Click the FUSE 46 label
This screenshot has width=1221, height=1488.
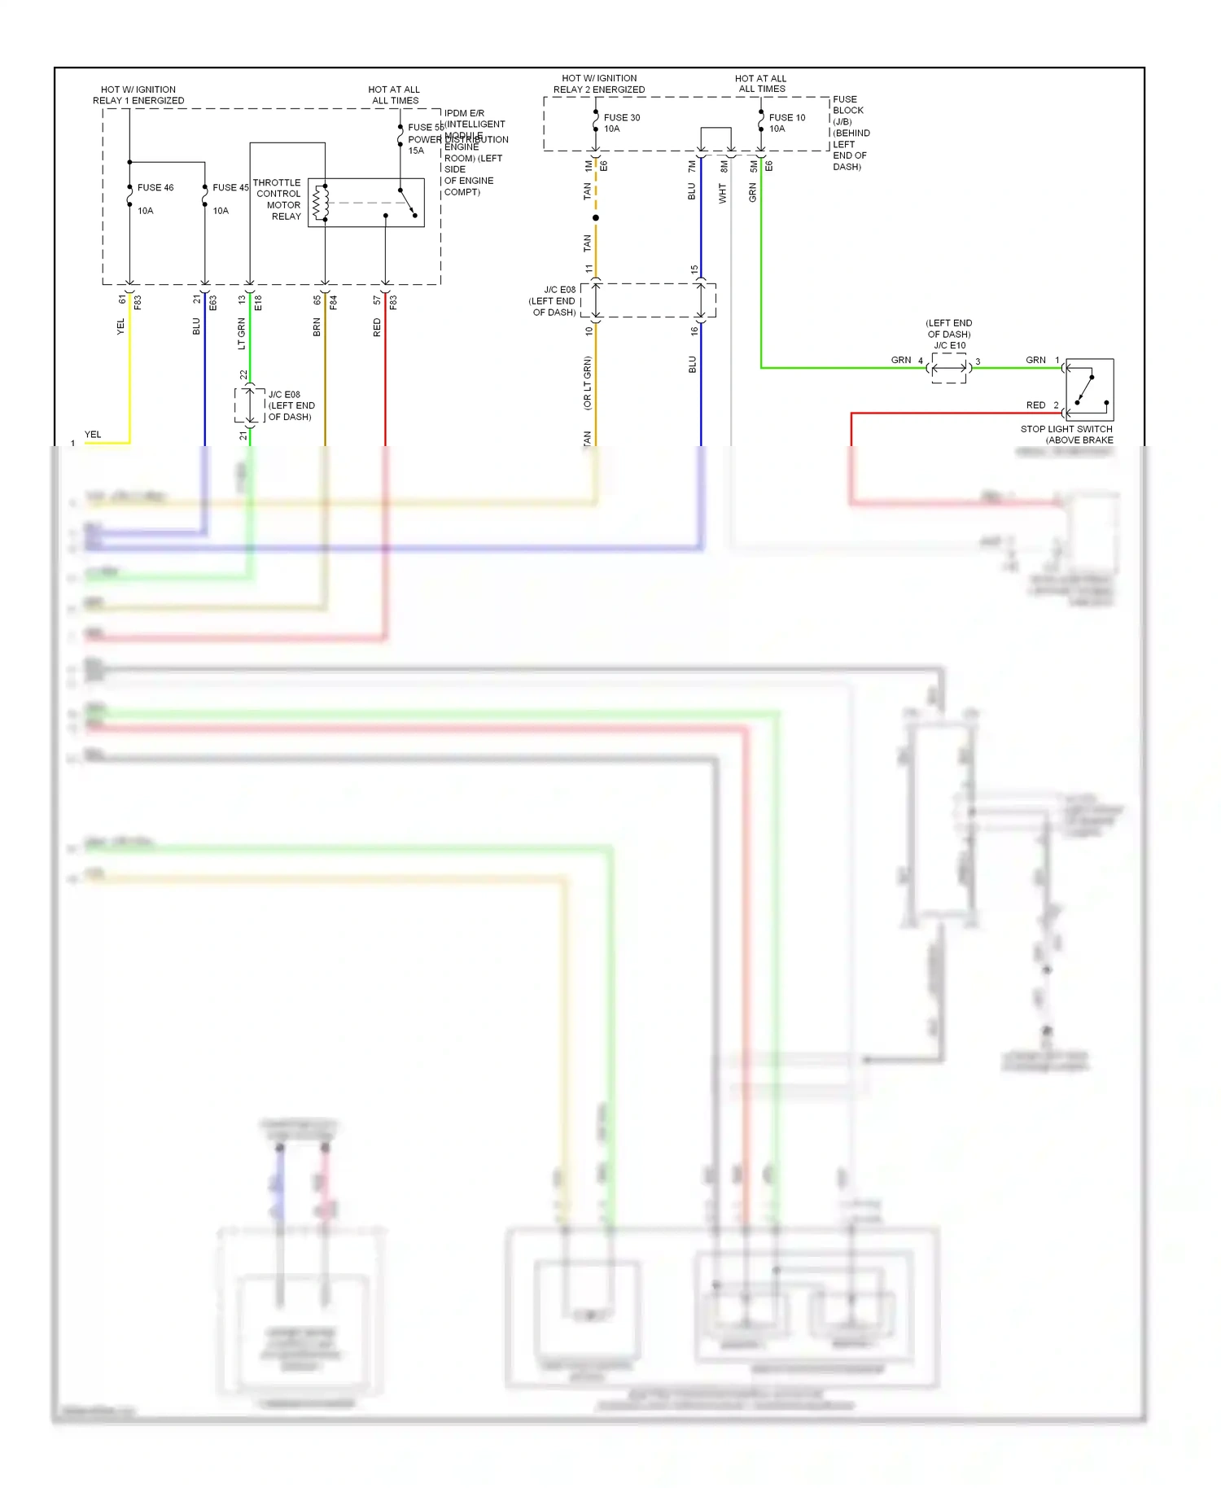(155, 188)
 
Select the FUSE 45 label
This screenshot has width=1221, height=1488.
(230, 188)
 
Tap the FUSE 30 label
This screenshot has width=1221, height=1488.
(621, 118)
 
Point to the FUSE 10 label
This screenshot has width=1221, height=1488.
(786, 118)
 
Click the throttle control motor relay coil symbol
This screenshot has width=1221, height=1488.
(322, 203)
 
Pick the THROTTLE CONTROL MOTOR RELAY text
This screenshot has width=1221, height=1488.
(278, 199)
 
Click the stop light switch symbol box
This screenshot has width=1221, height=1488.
(1089, 389)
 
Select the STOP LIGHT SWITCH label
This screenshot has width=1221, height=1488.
(1066, 430)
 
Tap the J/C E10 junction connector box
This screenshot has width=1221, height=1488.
(948, 368)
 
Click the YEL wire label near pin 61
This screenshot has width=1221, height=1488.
(121, 326)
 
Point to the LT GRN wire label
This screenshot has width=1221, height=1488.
(242, 334)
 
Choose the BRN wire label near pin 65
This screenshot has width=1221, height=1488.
(317, 327)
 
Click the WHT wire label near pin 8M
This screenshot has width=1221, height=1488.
(722, 193)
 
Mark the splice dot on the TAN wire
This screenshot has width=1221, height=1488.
(596, 218)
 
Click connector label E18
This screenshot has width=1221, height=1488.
(258, 303)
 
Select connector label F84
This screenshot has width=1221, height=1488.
(333, 303)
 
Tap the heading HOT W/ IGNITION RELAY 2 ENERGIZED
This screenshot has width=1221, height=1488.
(599, 84)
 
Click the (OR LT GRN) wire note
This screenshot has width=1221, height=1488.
(587, 383)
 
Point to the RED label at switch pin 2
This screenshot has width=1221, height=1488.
(1035, 405)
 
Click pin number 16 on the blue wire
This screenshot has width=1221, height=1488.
(694, 330)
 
